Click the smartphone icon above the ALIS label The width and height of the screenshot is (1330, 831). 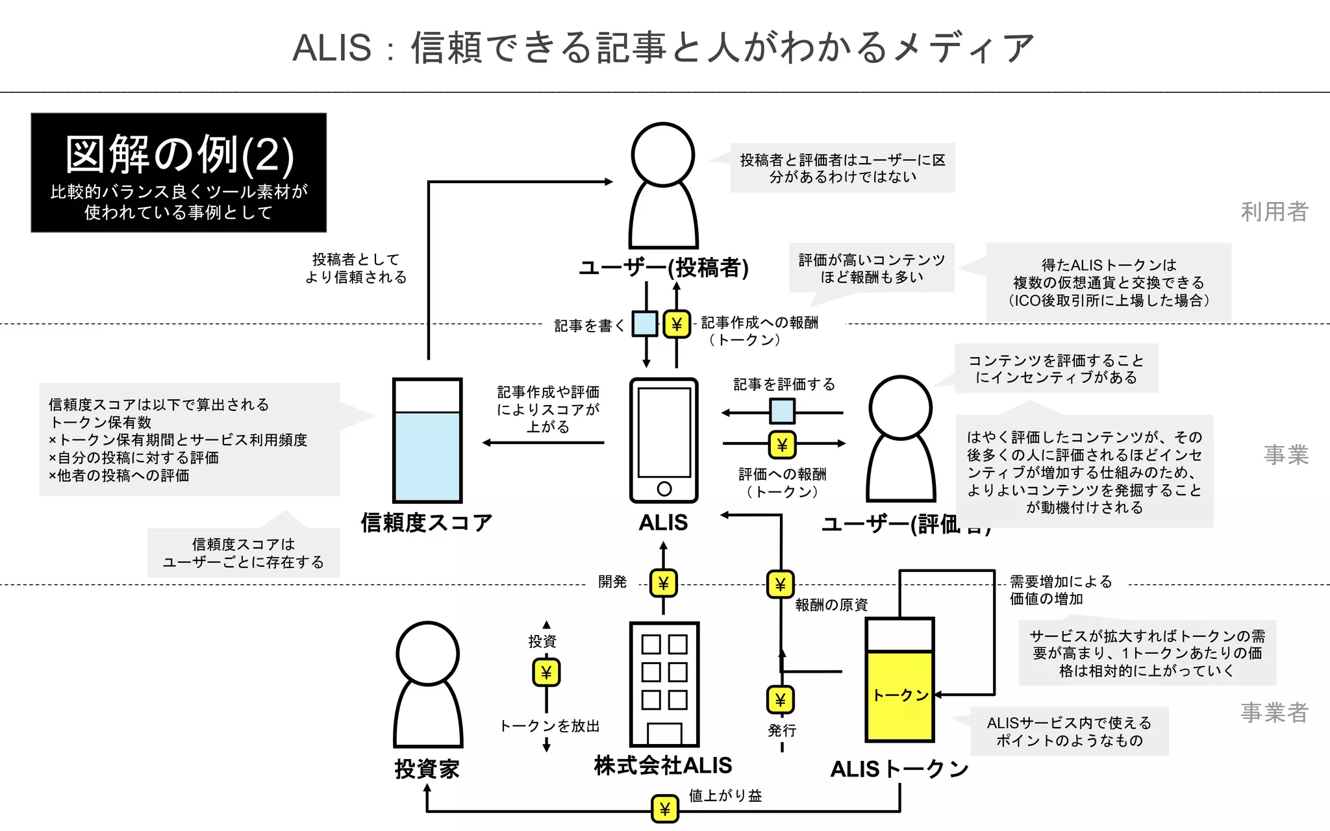click(x=664, y=440)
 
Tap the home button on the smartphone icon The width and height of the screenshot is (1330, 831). click(x=664, y=489)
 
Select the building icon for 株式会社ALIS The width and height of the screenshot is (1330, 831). click(x=664, y=684)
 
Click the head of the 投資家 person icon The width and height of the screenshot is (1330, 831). click(x=427, y=654)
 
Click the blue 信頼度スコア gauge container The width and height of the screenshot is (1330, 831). click(x=427, y=454)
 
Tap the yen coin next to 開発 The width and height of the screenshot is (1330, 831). click(x=663, y=584)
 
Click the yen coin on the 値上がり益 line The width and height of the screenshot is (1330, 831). click(x=664, y=809)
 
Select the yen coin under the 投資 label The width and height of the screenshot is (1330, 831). click(x=546, y=673)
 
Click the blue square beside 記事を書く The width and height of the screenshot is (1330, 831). click(x=645, y=323)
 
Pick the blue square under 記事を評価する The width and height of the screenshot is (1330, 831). click(x=782, y=412)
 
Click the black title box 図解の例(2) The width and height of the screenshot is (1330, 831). click(x=179, y=173)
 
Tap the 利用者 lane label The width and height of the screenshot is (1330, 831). click(x=1274, y=212)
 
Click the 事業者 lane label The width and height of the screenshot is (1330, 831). click(x=1274, y=712)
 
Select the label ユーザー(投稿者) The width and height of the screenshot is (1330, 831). click(x=664, y=267)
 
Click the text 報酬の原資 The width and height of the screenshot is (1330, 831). click(x=831, y=605)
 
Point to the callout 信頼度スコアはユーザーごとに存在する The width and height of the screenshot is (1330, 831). click(x=244, y=553)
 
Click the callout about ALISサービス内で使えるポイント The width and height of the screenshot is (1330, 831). click(x=1069, y=732)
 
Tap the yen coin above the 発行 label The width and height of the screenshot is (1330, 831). click(x=781, y=700)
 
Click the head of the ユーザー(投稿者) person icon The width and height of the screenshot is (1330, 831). click(x=663, y=155)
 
